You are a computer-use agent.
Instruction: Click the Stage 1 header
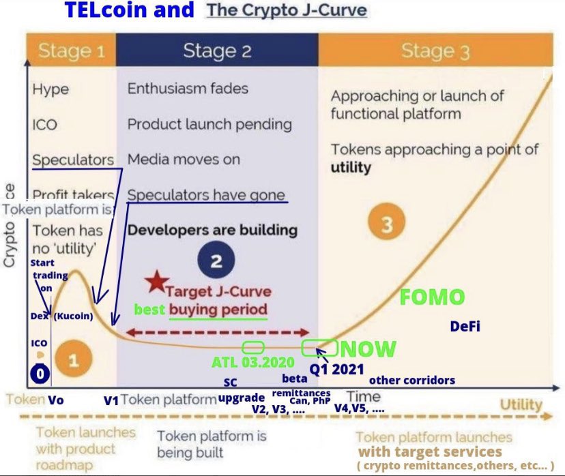click(72, 50)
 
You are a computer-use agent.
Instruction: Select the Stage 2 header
click(217, 50)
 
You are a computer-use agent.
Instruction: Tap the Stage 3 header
click(435, 50)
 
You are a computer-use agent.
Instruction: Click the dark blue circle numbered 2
click(216, 261)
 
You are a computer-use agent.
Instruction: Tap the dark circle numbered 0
click(40, 374)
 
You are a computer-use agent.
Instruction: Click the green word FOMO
click(432, 297)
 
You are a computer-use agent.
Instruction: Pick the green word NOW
click(368, 349)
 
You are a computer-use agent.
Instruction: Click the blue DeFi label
click(465, 327)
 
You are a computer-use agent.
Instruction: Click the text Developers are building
click(212, 229)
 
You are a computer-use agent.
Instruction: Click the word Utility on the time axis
click(521, 405)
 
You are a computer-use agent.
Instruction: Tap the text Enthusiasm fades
click(188, 88)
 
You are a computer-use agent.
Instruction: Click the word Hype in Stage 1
click(51, 89)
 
